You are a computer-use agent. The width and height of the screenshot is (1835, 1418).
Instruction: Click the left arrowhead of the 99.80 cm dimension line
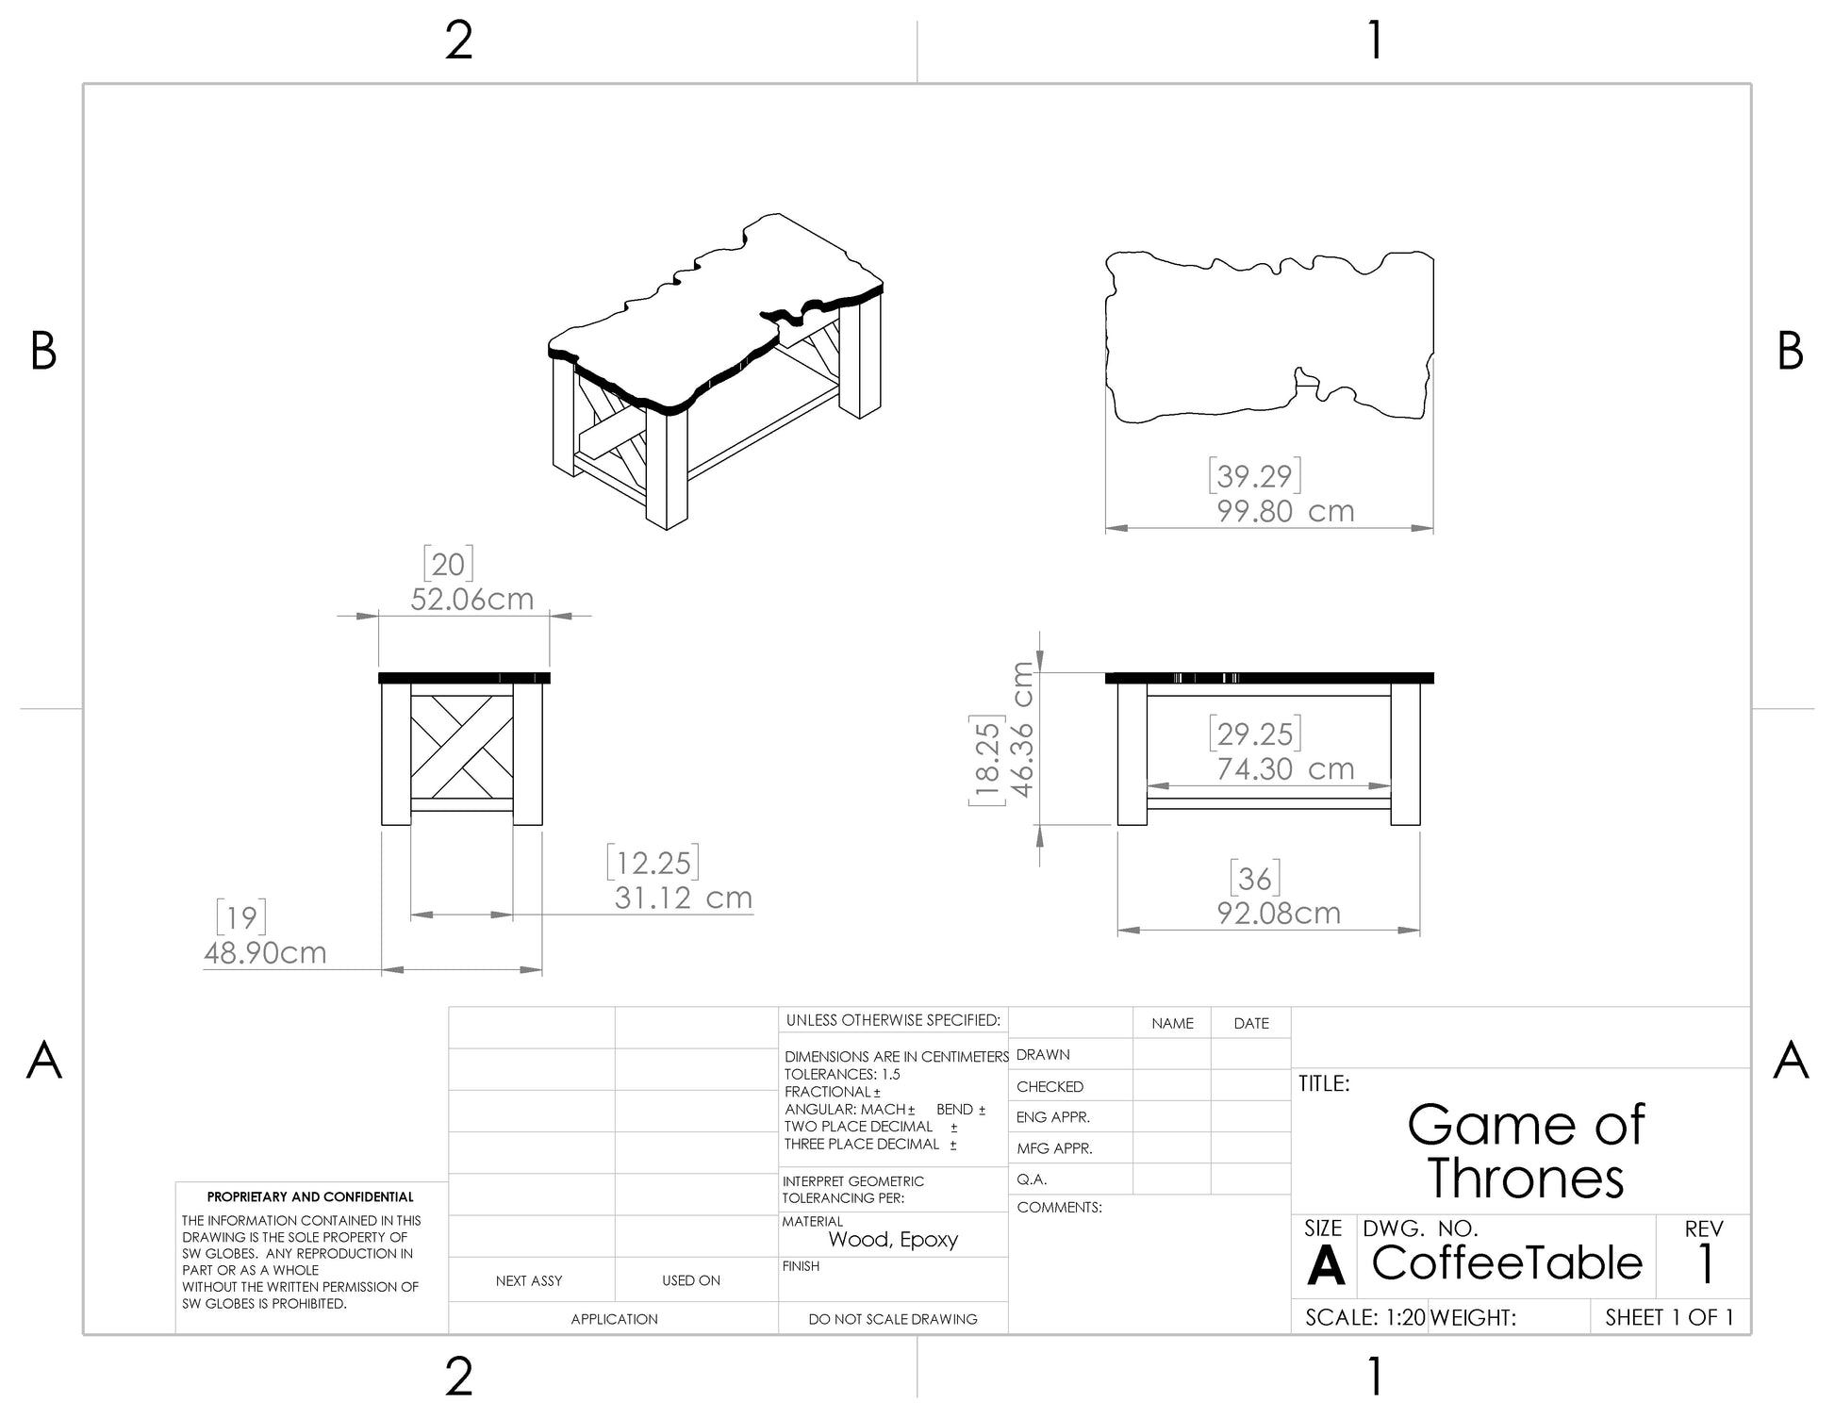click(1116, 528)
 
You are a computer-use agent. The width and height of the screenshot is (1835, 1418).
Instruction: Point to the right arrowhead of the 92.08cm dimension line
click(1409, 931)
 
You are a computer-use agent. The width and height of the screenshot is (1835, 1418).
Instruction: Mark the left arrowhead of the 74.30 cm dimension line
click(1158, 785)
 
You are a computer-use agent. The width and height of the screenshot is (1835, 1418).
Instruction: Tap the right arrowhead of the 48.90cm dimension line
click(531, 969)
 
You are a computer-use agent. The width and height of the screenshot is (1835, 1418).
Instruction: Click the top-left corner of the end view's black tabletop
click(378, 672)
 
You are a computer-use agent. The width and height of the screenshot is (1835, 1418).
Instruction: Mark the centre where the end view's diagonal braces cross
click(462, 745)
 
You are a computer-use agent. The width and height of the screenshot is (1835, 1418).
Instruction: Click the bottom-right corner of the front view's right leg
click(1420, 825)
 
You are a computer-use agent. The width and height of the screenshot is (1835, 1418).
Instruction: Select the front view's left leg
click(1132, 754)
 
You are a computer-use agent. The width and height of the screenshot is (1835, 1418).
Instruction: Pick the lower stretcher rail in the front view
click(1269, 804)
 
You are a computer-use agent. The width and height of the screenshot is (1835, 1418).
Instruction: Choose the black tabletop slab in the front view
click(1269, 678)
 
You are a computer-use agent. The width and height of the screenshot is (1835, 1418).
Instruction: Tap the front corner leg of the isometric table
click(667, 468)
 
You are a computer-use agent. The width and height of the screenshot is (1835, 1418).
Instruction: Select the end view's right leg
click(528, 754)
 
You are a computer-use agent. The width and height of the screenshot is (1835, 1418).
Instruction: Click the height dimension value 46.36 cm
click(1022, 729)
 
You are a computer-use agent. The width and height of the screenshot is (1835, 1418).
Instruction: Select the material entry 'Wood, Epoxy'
click(893, 1240)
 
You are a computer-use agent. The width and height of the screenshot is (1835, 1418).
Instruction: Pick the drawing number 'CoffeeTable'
click(1507, 1262)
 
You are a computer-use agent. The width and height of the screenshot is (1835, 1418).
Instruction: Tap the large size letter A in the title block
click(1325, 1265)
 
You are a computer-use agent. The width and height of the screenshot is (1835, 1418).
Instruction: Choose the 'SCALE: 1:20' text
click(1365, 1317)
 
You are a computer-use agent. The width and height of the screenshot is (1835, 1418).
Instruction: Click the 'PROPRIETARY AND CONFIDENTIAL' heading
click(310, 1196)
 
